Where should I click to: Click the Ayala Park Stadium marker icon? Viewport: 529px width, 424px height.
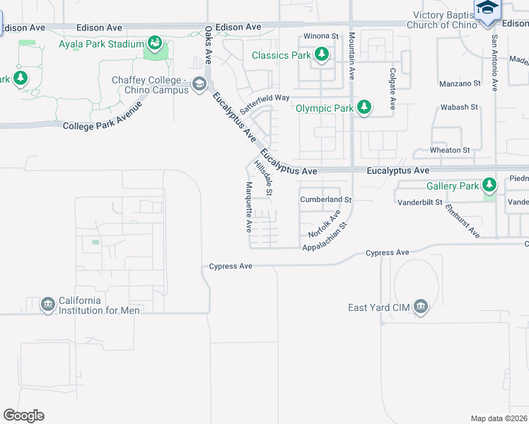pos(153,45)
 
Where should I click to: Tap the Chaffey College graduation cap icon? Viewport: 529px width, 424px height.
pos(199,86)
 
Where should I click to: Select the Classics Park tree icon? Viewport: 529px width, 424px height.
pos(322,55)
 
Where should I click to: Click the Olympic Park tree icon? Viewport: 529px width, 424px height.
pos(364,108)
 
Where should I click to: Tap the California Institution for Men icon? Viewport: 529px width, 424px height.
pos(48,305)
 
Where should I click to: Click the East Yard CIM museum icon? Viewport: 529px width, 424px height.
pos(421,306)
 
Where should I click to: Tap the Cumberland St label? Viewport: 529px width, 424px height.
pos(325,199)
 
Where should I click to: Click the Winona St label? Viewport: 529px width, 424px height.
pos(321,35)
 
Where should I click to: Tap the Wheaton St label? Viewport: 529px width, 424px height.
pos(450,150)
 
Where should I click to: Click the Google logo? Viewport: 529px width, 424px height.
pos(23,416)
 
